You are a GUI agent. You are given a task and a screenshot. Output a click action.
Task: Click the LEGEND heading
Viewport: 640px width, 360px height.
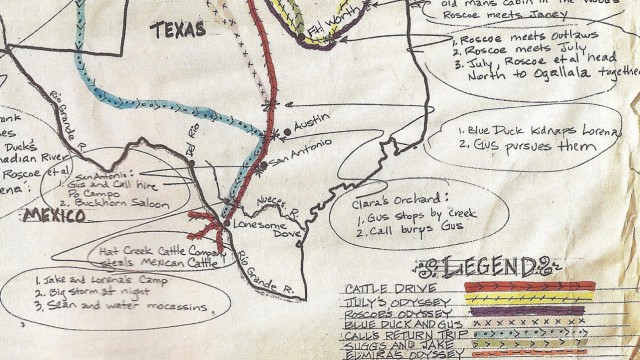pyautogui.click(x=487, y=268)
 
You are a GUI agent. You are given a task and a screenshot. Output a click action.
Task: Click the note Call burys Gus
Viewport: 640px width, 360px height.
pyautogui.click(x=397, y=238)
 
